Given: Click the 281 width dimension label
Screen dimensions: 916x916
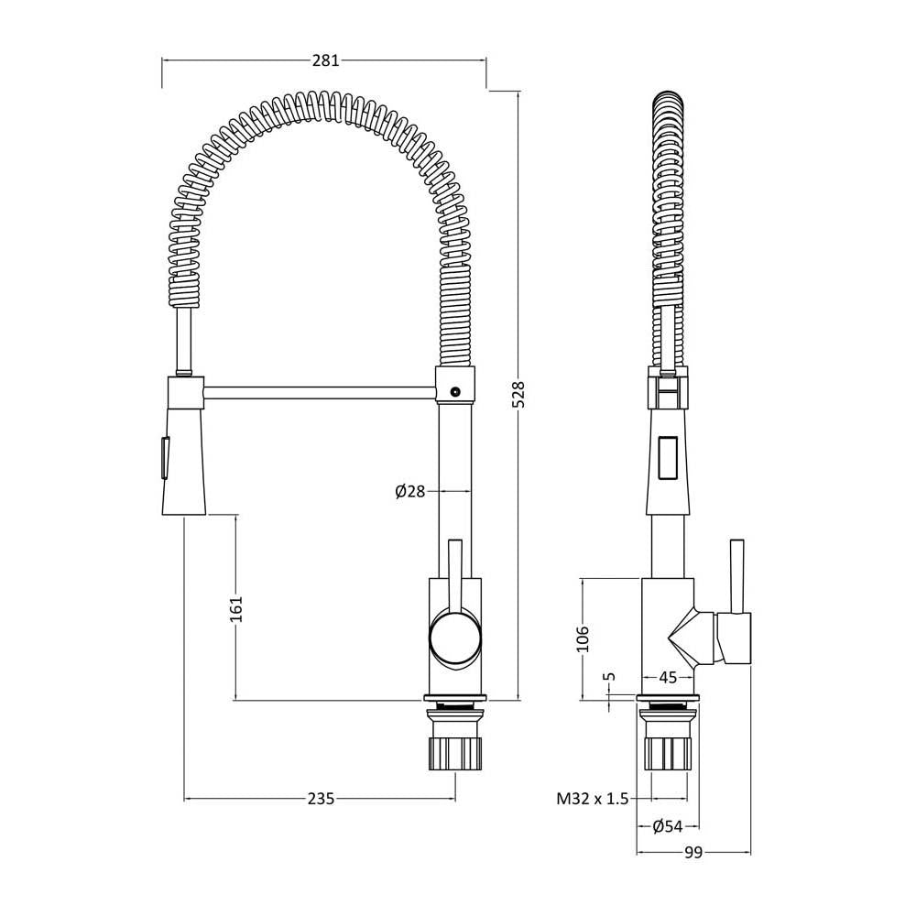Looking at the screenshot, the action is click(x=325, y=60).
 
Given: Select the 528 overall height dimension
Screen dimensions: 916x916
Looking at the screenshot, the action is click(x=519, y=394).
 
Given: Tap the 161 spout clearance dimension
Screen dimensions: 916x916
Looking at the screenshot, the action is click(x=235, y=609).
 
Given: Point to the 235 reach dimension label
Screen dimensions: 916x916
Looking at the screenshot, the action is click(x=321, y=798).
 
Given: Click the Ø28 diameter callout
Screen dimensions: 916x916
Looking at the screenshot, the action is click(x=410, y=492).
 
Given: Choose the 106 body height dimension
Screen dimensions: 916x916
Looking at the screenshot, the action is click(x=583, y=638).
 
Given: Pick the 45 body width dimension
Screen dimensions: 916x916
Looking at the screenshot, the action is click(x=668, y=678).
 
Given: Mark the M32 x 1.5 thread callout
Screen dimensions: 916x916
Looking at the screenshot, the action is click(x=593, y=799).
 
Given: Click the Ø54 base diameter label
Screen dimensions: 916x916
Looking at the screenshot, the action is click(x=667, y=826).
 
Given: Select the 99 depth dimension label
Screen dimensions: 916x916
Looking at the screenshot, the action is click(x=692, y=854).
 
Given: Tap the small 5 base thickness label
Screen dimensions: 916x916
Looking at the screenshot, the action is click(x=610, y=677).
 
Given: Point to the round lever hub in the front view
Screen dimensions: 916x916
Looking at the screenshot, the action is click(x=455, y=638).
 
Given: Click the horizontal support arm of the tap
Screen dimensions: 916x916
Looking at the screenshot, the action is click(x=320, y=393).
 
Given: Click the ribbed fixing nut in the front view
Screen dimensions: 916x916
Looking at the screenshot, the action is click(x=455, y=754).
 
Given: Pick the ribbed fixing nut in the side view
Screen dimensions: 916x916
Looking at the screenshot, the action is click(x=667, y=754).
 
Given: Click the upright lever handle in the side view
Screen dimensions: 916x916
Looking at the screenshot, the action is click(x=737, y=576).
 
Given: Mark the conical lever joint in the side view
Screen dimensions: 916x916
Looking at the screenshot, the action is click(x=692, y=638).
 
